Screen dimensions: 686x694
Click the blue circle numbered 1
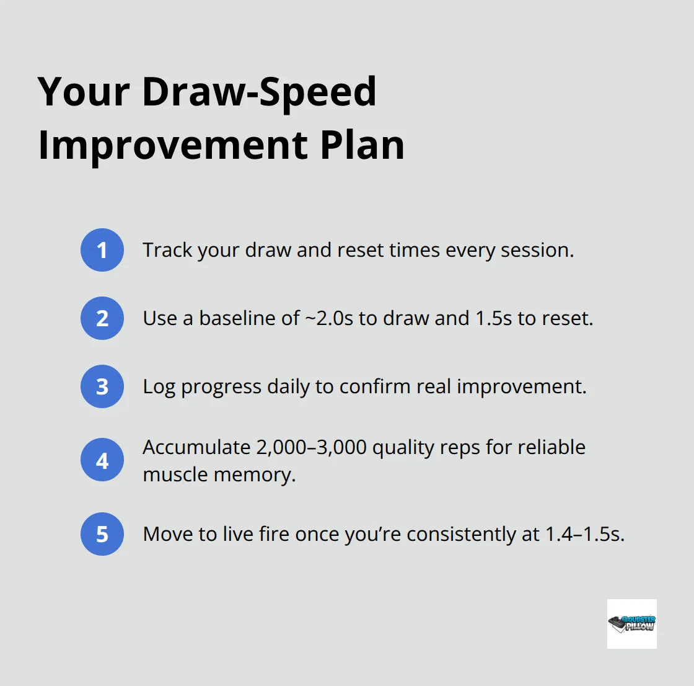tap(102, 250)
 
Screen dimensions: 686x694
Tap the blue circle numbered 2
tap(102, 318)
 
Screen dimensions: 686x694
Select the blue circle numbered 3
tap(102, 386)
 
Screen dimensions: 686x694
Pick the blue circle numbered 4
tap(102, 460)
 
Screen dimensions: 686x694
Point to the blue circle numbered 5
tap(102, 534)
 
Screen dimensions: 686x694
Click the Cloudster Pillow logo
tap(631, 623)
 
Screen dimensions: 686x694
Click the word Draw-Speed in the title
tap(259, 92)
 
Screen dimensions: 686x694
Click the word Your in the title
tap(84, 92)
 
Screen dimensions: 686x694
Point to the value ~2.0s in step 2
tap(329, 318)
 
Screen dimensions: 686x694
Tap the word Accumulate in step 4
tap(196, 447)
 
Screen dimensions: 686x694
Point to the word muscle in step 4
tap(175, 474)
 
